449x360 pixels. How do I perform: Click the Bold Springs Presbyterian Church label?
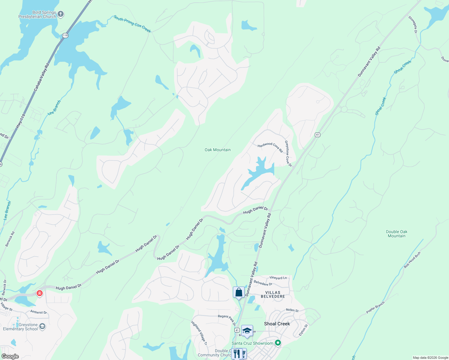[37, 15]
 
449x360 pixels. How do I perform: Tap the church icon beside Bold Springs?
[61, 14]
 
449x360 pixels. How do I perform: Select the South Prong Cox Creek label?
[132, 24]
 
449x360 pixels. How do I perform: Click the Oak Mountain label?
[218, 150]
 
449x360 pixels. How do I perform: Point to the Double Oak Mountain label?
[396, 234]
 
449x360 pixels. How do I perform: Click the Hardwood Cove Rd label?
[270, 147]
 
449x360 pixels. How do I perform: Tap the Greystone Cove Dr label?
[288, 153]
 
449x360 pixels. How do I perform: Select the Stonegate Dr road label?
[413, 24]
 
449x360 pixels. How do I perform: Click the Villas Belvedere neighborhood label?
[273, 294]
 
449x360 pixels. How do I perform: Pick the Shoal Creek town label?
[277, 324]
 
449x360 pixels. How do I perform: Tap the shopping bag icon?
[239, 292]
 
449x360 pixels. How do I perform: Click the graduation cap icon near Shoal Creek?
[247, 331]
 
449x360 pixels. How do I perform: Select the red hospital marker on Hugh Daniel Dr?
[39, 293]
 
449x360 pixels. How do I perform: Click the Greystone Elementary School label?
[20, 327]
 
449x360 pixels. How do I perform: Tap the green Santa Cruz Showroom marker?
[278, 343]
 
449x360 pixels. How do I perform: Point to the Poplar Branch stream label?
[375, 308]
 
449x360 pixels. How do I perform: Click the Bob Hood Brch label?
[412, 260]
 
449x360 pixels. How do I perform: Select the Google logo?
[10, 356]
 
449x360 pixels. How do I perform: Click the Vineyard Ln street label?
[278, 278]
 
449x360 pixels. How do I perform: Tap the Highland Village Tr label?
[199, 333]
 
